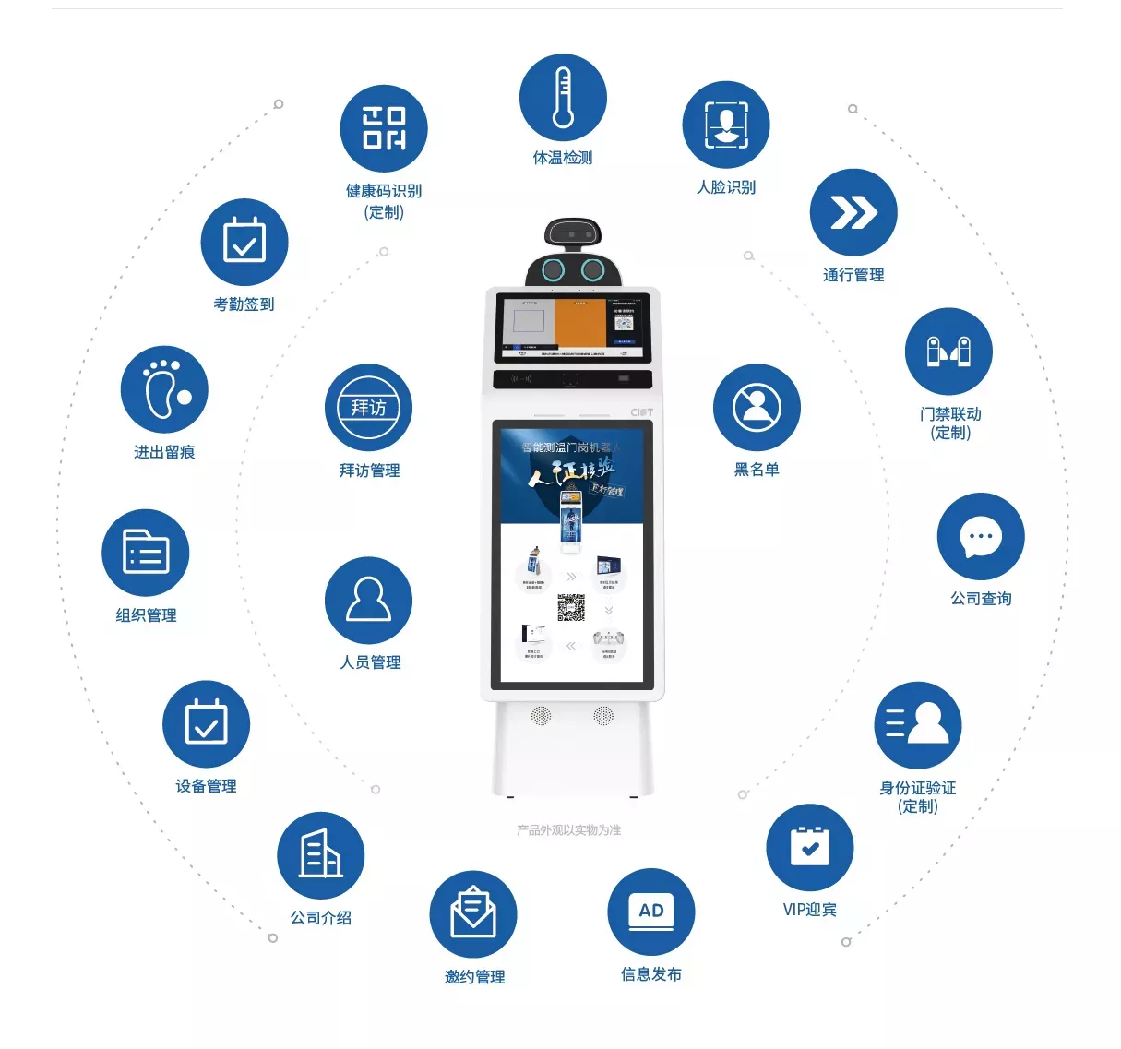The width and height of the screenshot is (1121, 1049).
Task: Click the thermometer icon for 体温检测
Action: [563, 97]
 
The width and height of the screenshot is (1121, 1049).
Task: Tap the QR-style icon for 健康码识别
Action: [384, 128]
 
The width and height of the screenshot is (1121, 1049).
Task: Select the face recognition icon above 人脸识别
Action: [726, 125]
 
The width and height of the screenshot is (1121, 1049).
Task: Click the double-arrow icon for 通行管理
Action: [853, 212]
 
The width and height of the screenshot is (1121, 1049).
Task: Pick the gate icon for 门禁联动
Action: [948, 352]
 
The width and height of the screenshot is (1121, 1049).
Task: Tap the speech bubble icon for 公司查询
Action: [981, 537]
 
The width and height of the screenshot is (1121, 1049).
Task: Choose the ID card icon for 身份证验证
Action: [918, 725]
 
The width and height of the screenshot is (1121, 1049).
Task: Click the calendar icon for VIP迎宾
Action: [810, 847]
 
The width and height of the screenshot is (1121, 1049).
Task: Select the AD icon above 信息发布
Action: [651, 912]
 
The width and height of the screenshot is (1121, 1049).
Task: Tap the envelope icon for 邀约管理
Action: [473, 914]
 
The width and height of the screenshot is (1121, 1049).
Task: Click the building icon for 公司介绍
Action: [321, 855]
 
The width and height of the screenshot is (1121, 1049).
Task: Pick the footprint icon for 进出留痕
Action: [164, 389]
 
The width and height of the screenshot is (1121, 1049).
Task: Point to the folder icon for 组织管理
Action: [146, 553]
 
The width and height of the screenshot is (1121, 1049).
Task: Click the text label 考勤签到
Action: [244, 304]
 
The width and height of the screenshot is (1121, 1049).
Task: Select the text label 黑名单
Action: [757, 470]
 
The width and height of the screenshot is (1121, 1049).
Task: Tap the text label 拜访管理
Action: [369, 471]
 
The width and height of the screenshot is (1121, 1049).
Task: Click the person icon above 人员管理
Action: [369, 600]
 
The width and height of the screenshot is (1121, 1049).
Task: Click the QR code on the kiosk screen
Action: [571, 608]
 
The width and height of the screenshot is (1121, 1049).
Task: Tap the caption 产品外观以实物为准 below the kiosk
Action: [568, 830]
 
